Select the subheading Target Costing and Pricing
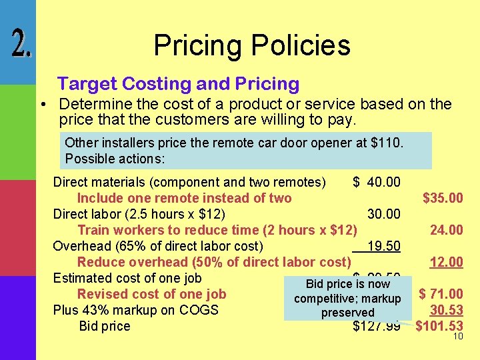178,84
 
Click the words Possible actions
115,160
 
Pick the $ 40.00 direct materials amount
377,182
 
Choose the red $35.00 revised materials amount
443,198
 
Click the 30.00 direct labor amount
384,214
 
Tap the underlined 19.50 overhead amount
383,246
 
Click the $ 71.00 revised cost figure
441,293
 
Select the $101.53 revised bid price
439,325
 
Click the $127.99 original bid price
376,326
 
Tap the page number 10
458,336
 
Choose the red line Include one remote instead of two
184,198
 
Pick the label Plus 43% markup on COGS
136,310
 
